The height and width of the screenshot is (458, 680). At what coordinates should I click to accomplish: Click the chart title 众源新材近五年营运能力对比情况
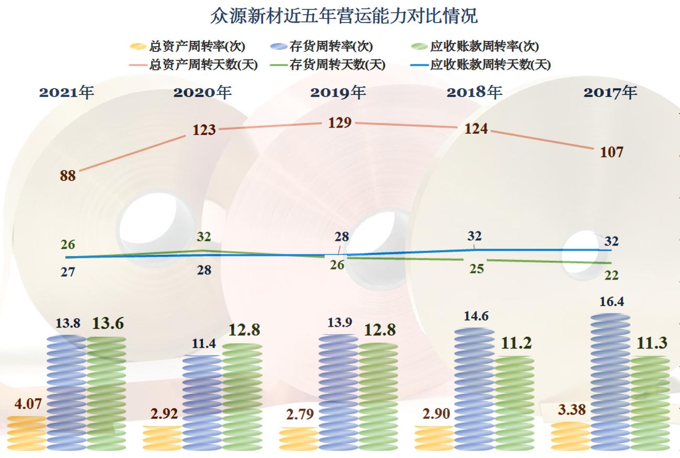343,16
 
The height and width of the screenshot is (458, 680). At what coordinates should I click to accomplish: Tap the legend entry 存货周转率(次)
330,46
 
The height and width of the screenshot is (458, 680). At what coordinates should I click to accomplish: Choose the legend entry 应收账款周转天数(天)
490,65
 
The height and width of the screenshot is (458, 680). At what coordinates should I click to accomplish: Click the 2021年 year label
67,92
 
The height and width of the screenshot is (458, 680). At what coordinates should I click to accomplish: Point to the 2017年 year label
610,92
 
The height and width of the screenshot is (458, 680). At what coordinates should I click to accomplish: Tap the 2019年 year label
338,92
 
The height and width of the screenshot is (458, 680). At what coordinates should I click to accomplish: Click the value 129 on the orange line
340,123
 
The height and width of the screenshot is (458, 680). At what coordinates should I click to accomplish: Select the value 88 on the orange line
68,176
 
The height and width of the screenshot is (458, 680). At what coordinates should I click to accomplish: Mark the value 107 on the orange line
611,152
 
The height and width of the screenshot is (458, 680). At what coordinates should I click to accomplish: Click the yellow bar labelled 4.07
27,433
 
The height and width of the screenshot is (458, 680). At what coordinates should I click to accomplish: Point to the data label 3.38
571,409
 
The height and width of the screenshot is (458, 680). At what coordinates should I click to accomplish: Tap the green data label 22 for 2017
611,274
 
